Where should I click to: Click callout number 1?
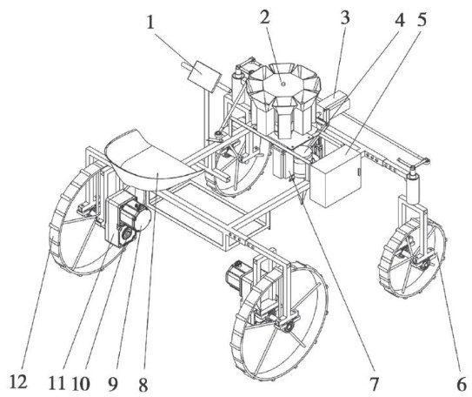tap(150, 23)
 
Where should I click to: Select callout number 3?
tap(345, 17)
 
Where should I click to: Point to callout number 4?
tap(400, 20)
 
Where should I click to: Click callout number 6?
tap(462, 384)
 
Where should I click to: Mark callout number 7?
tap(374, 384)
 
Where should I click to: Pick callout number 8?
tap(143, 385)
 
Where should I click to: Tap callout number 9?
tap(112, 384)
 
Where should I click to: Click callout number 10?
tap(80, 384)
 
